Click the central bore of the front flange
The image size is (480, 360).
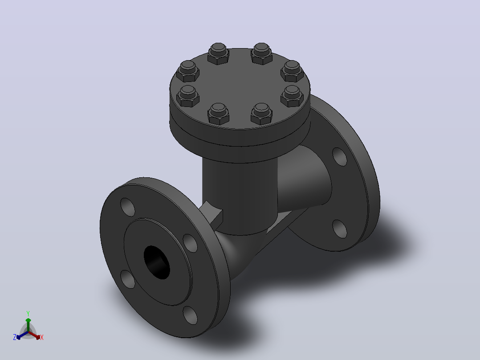[x=157, y=262]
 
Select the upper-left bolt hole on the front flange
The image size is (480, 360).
[x=127, y=207]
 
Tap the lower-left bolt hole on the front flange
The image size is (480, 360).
[x=127, y=279]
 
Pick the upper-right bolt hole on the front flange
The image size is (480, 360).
[x=190, y=243]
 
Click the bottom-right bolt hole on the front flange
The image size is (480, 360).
[x=190, y=315]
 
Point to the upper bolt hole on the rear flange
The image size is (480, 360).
[x=339, y=157]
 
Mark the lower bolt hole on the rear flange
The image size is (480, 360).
[x=339, y=229]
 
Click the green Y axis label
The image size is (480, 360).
[x=28, y=313]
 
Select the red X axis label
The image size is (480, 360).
[x=42, y=337]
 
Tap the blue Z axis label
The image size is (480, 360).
[x=14, y=337]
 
